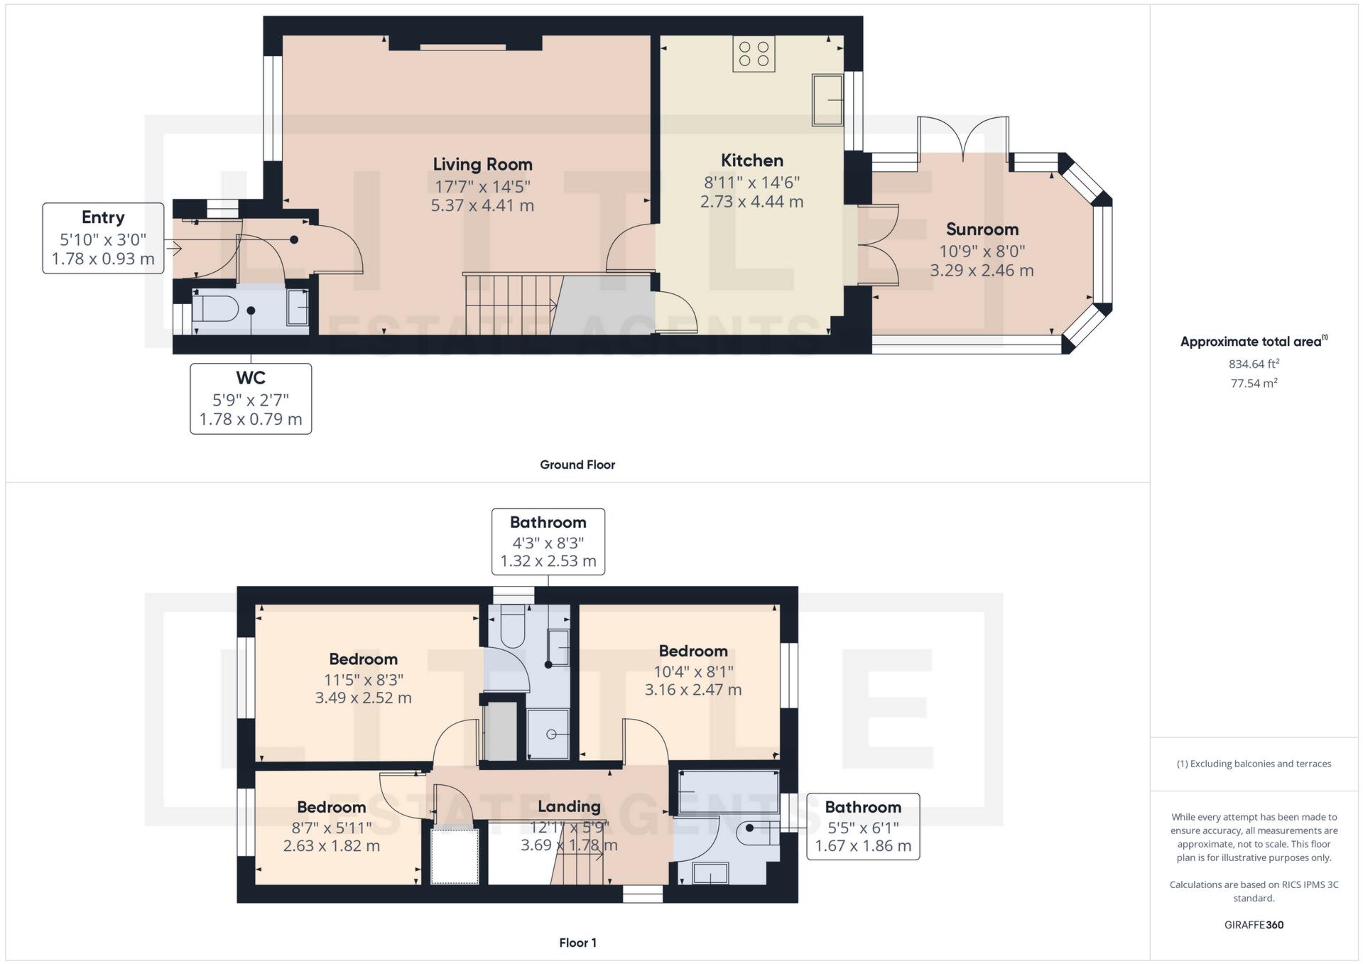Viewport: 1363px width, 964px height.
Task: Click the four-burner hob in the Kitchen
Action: point(754,54)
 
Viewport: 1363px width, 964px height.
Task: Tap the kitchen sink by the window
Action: point(827,100)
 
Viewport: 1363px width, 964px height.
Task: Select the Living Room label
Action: point(482,165)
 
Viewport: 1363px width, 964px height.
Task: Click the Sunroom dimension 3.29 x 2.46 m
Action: point(982,271)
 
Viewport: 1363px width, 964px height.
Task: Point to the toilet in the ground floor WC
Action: point(215,309)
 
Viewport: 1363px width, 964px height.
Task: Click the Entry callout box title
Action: point(103,217)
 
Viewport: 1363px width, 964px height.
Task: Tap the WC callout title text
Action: point(250,378)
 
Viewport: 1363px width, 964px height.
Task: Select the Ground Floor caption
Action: point(577,465)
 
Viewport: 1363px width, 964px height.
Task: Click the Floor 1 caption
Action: point(577,943)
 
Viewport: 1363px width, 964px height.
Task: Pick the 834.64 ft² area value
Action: point(1254,364)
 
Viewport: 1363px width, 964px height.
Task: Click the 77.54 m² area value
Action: point(1254,384)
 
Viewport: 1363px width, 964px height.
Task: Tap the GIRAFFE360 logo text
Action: point(1254,925)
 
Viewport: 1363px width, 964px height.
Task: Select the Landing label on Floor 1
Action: point(569,806)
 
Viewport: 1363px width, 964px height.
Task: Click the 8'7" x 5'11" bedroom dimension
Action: point(331,827)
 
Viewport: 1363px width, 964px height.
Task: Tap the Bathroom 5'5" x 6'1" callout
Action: point(862,827)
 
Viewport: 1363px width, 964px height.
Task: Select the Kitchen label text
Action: point(751,161)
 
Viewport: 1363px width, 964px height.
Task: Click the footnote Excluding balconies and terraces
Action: point(1254,764)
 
